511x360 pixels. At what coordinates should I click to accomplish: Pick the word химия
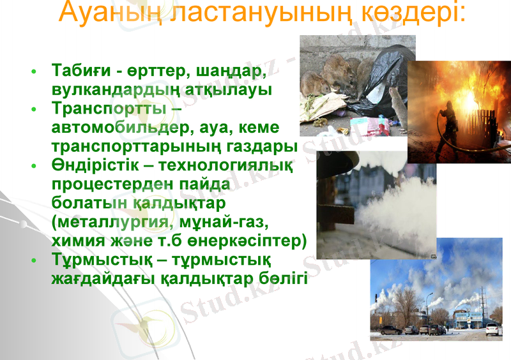[x=76, y=242]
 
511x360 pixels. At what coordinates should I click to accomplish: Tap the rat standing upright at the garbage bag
[x=397, y=105]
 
